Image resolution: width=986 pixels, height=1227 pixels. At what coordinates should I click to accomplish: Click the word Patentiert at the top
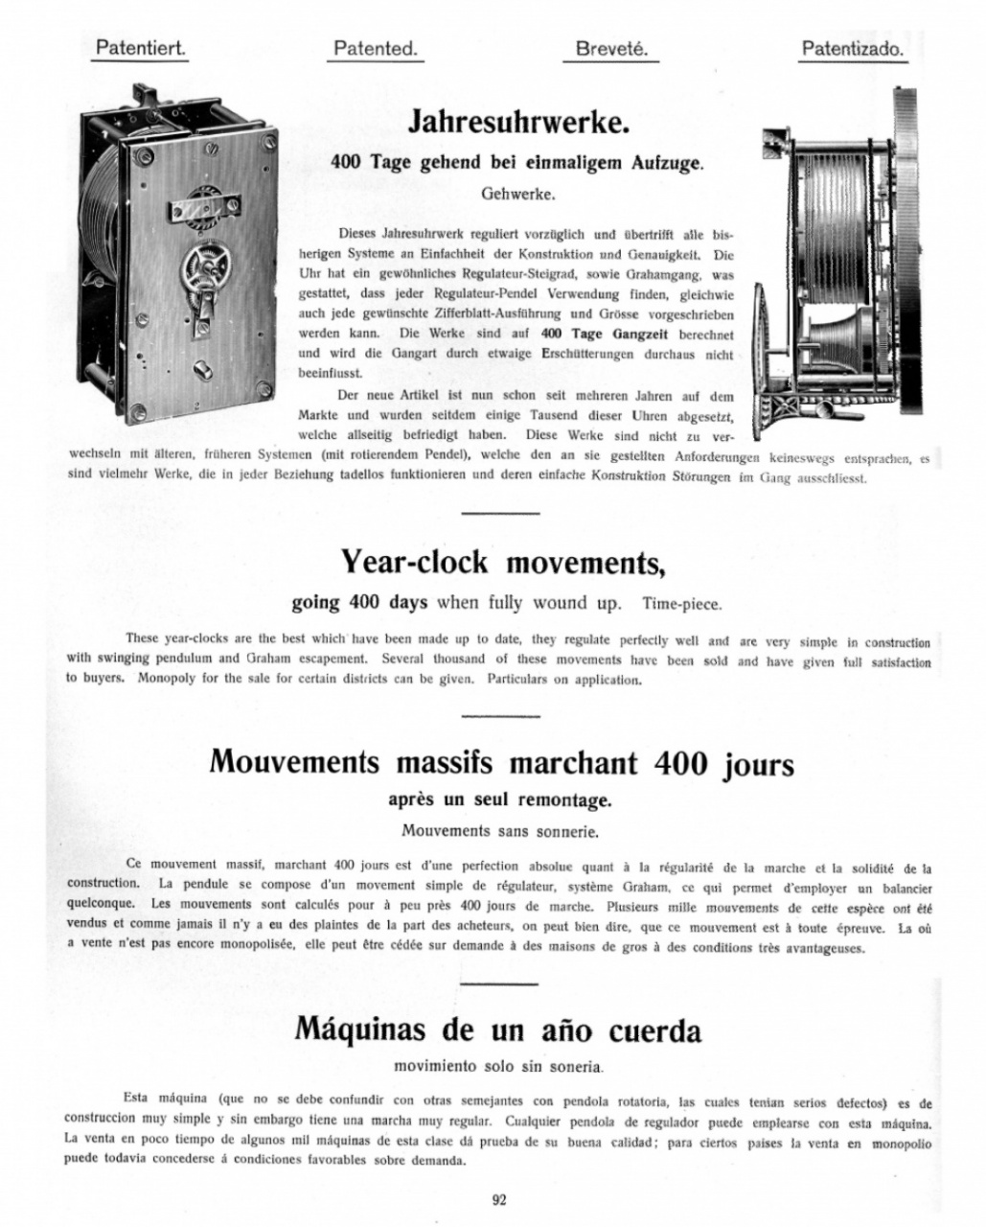pos(140,48)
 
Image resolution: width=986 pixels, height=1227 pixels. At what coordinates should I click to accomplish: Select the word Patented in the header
pos(376,48)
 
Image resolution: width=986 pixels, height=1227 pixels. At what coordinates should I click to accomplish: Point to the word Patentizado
pos(852,48)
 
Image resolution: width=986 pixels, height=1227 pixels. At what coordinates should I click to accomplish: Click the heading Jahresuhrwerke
pos(518,122)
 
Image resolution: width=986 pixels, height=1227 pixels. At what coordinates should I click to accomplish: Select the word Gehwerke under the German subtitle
pos(517,193)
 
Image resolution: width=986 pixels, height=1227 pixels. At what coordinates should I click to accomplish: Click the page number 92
pos(498,1199)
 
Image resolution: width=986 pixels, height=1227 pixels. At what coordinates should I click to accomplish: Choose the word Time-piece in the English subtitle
pos(681,604)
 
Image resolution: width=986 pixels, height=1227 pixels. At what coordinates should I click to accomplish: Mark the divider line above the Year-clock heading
pos(499,514)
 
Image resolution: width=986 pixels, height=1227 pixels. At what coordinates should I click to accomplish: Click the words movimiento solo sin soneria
pos(498,1065)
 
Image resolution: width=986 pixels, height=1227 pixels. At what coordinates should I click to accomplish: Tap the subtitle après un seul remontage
pos(499,799)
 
